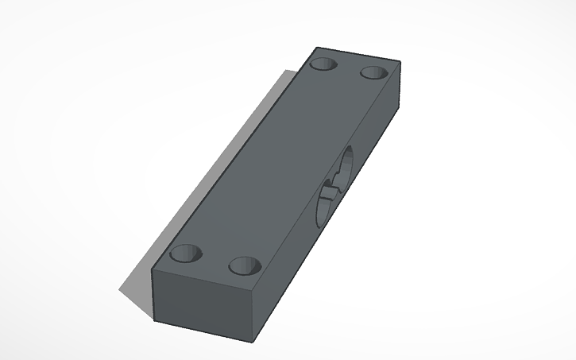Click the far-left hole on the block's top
click(323, 64)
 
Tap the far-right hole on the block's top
click(373, 72)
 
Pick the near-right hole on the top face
click(245, 265)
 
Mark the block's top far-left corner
click(316, 48)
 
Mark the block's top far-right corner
click(400, 62)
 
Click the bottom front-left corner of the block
click(154, 323)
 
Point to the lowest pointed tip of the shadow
click(121, 289)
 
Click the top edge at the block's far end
click(358, 55)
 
